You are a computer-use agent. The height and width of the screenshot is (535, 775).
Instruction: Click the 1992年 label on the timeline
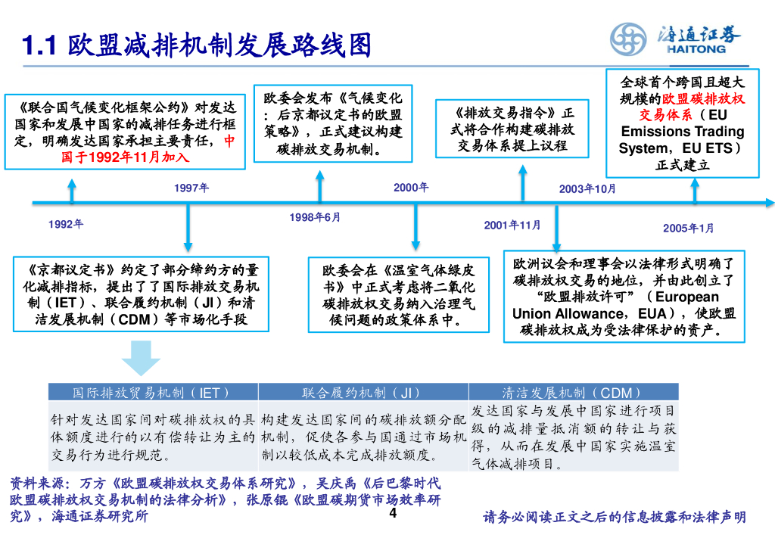pyautogui.click(x=66, y=224)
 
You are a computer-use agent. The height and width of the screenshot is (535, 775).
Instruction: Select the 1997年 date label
pyautogui.click(x=191, y=188)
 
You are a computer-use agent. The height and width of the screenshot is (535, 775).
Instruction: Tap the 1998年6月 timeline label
pyautogui.click(x=315, y=218)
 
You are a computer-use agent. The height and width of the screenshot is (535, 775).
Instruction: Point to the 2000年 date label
pyautogui.click(x=411, y=188)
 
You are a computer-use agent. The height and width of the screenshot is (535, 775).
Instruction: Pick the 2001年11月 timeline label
pyautogui.click(x=512, y=225)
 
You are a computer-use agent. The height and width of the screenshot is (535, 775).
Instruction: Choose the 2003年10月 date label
pyautogui.click(x=587, y=188)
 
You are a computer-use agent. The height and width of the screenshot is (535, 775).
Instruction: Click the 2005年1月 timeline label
pyautogui.click(x=688, y=228)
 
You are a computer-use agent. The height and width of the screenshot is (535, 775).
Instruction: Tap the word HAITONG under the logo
pyautogui.click(x=696, y=49)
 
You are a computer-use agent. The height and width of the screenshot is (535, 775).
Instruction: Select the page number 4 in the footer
pyautogui.click(x=392, y=514)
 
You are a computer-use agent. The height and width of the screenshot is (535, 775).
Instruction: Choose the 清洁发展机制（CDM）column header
pyautogui.click(x=572, y=392)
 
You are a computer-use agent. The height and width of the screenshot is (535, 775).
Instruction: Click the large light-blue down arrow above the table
pyautogui.click(x=141, y=358)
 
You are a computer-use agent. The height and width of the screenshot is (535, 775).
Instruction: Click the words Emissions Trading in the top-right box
pyautogui.click(x=682, y=132)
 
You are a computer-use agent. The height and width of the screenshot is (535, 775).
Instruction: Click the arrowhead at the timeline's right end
pyautogui.click(x=770, y=203)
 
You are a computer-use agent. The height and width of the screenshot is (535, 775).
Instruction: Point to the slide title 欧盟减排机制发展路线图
pyautogui.click(x=219, y=46)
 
